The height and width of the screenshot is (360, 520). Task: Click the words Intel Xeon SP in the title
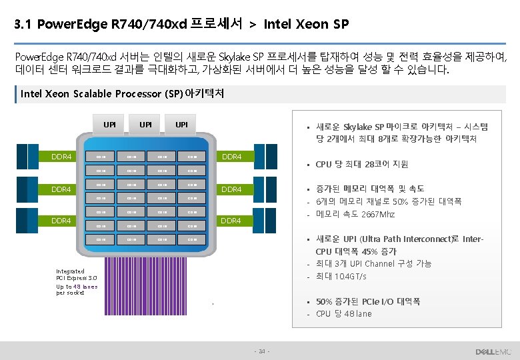click(306, 25)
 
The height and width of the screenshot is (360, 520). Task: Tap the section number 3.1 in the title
click(23, 25)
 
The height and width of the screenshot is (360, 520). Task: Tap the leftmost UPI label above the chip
click(109, 125)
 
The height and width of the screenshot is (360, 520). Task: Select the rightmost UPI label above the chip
click(181, 125)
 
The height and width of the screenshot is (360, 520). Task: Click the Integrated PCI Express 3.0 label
click(77, 275)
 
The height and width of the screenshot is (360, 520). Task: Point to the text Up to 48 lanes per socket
click(77, 289)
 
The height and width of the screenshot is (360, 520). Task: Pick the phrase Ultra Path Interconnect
click(406, 239)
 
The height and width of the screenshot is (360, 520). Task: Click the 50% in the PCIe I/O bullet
click(325, 301)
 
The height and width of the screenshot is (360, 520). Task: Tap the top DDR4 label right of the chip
click(232, 157)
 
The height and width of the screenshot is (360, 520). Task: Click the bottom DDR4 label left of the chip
click(62, 221)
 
